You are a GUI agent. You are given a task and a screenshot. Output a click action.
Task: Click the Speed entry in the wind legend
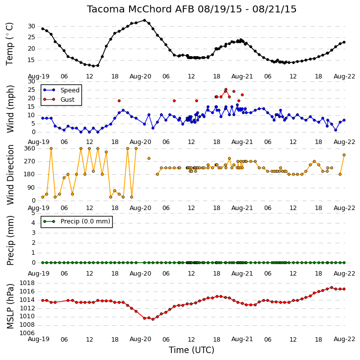70,90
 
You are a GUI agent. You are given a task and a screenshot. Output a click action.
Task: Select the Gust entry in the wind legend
68,99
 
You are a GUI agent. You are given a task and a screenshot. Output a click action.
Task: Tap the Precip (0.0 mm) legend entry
85,221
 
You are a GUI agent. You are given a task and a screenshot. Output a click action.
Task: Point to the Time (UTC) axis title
192,350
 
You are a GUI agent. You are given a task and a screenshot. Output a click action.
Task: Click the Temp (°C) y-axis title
9,44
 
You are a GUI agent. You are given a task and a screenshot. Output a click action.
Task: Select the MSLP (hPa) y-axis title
10,306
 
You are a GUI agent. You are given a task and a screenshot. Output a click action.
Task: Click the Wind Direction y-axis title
10,175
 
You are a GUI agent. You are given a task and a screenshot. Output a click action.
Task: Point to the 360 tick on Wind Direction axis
30,148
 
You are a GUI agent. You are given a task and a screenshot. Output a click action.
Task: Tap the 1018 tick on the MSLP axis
27,283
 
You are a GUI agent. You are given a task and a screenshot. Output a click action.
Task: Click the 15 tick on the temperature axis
31,60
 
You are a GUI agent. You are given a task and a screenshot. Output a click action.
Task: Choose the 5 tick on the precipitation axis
33,213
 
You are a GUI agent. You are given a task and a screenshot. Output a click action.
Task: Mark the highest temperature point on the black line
144,20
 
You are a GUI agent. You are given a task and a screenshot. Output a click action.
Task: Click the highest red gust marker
226,89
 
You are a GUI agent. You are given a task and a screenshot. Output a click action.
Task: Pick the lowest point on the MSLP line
153,319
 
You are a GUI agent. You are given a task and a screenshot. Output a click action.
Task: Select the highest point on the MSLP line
332,288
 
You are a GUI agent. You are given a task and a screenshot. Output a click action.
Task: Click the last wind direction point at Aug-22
344,155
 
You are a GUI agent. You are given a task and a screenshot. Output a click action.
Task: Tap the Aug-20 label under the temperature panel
141,76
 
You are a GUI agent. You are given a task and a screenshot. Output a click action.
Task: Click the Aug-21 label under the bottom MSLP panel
242,339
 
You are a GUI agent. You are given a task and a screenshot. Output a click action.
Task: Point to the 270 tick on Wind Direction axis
30,161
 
